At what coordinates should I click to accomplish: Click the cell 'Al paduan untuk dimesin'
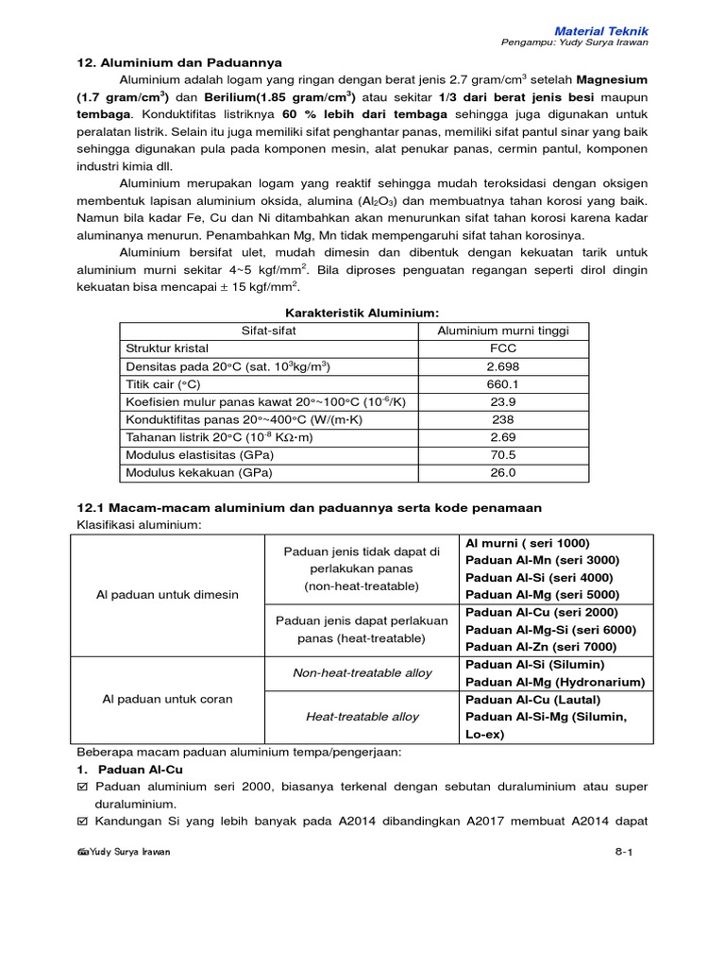pyautogui.click(x=168, y=595)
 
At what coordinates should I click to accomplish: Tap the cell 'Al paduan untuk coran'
pyautogui.click(x=167, y=699)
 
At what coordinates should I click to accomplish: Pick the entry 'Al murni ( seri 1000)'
pyautogui.click(x=527, y=543)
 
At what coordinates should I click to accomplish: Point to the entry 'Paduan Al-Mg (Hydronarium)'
pyautogui.click(x=555, y=682)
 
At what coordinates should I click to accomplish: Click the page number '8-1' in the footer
pyautogui.click(x=623, y=852)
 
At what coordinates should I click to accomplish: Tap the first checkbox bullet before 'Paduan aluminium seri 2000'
pyautogui.click(x=81, y=788)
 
